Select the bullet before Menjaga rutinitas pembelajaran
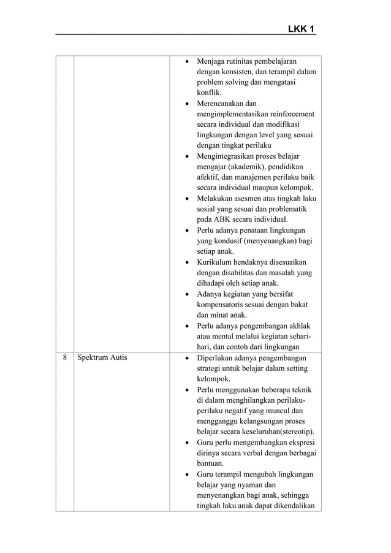[x=187, y=62]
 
